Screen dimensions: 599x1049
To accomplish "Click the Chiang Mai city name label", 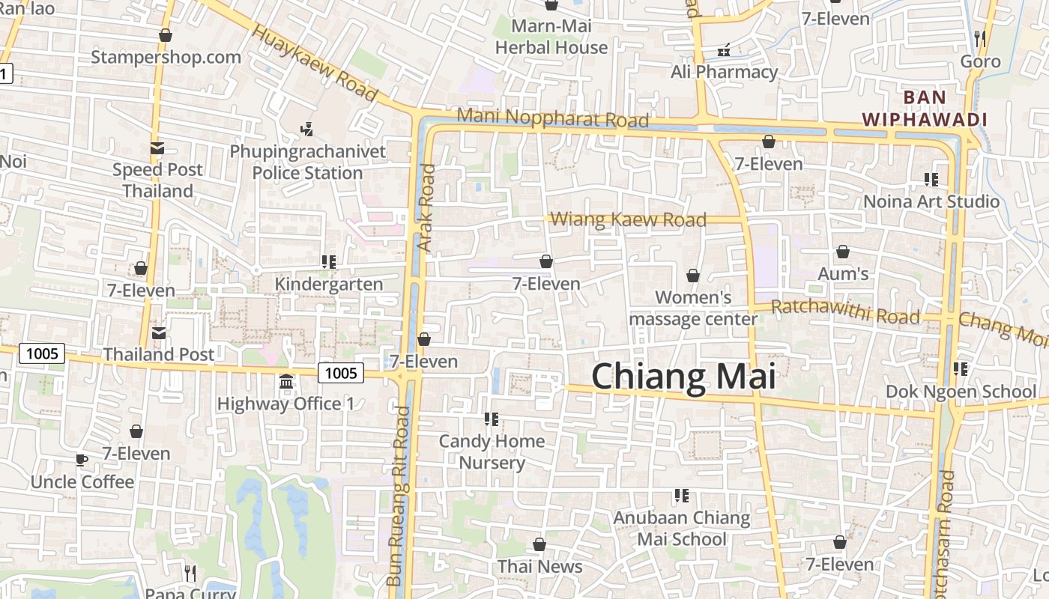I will pos(683,377).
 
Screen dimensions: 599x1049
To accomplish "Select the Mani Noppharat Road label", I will pos(552,118).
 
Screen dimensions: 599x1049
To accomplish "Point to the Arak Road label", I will pos(426,207).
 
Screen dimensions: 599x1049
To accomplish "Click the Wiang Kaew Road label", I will pos(628,219).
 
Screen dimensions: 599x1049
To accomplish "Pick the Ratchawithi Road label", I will pos(845,311).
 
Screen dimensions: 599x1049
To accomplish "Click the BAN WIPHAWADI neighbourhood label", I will pos(924,108).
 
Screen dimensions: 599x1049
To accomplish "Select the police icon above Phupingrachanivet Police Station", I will pos(306,130).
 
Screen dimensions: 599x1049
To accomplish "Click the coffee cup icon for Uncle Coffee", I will pos(82,460).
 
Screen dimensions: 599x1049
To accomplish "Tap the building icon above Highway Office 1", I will pos(285,383).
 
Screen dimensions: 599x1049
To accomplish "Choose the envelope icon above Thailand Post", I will pos(159,332).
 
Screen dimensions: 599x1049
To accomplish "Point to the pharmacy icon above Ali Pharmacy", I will pos(724,50).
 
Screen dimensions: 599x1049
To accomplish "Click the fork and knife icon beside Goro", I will pos(980,38).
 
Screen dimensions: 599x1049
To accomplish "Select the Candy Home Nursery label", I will pos(492,451).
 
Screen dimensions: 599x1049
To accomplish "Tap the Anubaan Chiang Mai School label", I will pos(682,528).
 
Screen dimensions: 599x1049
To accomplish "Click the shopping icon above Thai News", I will pos(539,544).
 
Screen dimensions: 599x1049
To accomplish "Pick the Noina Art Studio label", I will pos(931,201).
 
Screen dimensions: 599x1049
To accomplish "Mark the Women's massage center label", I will pos(693,308).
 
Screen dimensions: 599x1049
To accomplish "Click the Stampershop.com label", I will pos(166,57).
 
